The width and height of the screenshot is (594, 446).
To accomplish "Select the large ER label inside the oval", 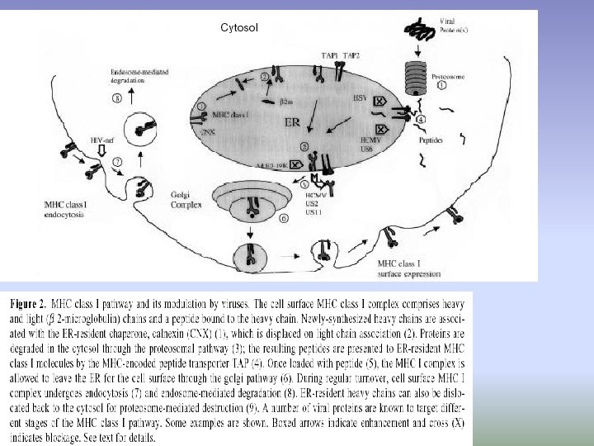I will pos(292,123).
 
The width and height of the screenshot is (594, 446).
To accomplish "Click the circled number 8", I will pos(117,97).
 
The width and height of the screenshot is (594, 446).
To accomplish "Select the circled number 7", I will pos(119,161).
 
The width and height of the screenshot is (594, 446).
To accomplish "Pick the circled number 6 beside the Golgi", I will pos(285,219).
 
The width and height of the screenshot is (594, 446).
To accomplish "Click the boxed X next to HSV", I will pos(381,101).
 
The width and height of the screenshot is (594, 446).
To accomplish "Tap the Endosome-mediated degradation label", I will pos(135,78).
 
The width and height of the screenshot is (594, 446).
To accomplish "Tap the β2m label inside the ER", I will pos(286,101).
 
